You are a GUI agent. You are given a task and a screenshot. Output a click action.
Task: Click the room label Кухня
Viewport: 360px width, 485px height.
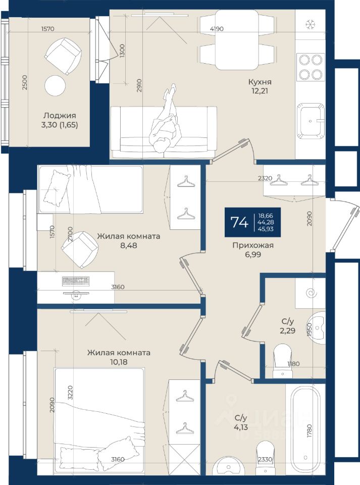260,82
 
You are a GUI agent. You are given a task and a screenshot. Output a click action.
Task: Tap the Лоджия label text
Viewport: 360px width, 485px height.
60,116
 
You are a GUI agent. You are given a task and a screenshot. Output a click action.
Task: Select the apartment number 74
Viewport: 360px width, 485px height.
239,222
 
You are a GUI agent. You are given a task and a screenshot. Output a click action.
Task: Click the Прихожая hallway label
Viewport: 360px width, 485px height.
253,246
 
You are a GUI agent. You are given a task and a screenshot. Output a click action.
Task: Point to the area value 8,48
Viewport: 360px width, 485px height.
129,246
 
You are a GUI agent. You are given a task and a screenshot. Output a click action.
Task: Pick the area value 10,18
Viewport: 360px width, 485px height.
119,362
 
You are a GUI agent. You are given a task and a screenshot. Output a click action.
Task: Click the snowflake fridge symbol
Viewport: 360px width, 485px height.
310,24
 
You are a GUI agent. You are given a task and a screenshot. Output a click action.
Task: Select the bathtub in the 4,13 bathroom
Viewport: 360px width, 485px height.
305,429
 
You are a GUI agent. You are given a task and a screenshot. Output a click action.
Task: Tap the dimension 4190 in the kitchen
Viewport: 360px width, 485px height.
216,29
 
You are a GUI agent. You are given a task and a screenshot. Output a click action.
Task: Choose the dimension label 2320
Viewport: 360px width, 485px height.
265,178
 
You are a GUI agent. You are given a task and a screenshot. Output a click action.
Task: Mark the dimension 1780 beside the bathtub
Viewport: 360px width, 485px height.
310,431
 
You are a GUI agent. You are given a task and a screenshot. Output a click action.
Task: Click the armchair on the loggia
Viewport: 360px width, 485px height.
63,56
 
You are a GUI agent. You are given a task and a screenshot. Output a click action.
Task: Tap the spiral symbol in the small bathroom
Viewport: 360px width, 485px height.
310,293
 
